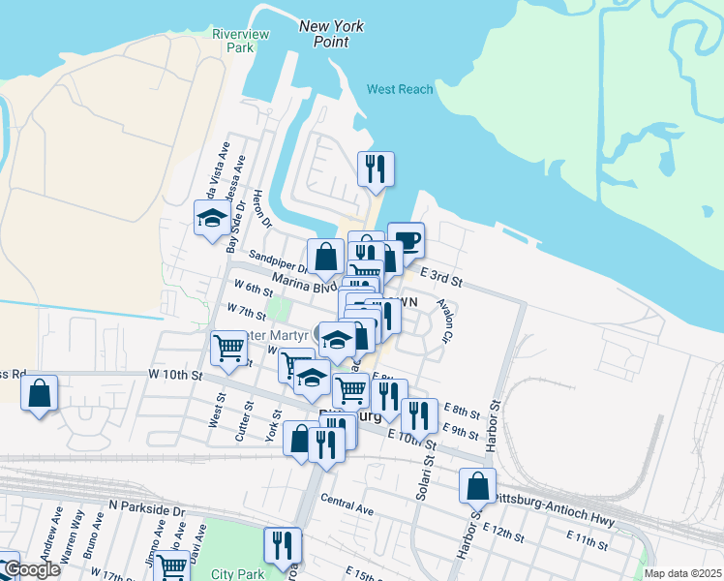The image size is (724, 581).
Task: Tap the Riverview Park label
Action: (233, 40)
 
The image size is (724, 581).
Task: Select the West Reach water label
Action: (400, 89)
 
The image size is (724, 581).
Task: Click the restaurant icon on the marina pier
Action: (374, 168)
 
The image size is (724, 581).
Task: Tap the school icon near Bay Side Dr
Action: (211, 217)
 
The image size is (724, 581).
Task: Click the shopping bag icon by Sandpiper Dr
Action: (326, 257)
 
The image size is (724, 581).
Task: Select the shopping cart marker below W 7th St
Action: (229, 347)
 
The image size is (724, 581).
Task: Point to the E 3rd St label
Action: (443, 279)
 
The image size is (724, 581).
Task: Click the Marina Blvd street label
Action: (304, 282)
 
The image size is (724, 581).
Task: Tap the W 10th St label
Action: (175, 374)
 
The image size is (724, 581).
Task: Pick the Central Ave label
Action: (347, 504)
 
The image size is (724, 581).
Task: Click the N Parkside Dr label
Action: (146, 507)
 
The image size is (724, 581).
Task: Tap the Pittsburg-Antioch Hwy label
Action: (553, 508)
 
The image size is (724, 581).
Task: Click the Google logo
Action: (31, 568)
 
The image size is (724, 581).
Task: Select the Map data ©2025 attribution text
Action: (682, 573)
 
